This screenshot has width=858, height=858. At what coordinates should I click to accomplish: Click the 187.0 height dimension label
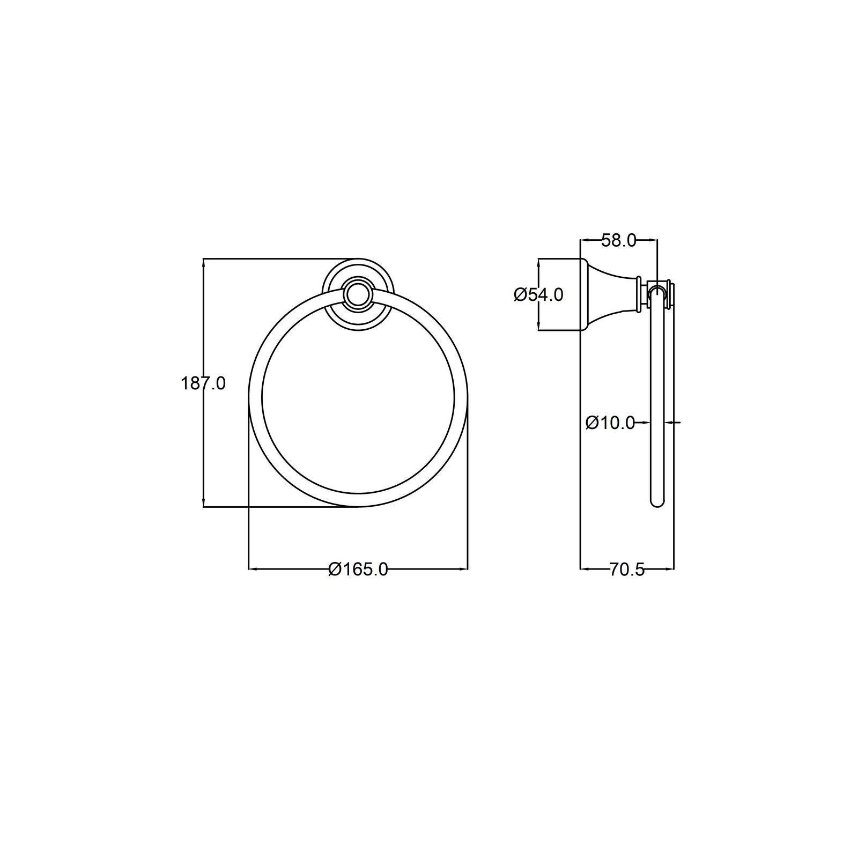[203, 383]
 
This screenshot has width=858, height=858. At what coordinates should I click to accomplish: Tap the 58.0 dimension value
[618, 241]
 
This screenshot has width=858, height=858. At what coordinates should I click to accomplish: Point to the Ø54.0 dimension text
[538, 295]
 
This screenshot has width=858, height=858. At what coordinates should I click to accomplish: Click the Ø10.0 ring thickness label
[610, 423]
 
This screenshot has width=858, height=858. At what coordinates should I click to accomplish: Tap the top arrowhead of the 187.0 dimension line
[203, 263]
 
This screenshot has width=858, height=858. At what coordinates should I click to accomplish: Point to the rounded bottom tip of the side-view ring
[657, 504]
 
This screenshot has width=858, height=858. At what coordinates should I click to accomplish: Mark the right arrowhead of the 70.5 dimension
[670, 568]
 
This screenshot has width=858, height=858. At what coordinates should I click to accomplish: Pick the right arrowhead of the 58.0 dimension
[653, 240]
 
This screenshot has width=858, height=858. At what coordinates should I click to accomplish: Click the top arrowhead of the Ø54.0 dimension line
[538, 263]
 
